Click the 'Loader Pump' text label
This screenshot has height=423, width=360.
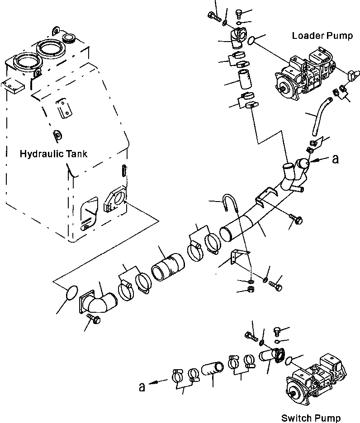(322, 36)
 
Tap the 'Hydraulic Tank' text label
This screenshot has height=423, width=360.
(53, 154)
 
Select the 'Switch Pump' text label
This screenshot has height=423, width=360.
(310, 418)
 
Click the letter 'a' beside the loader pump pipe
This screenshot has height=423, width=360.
(335, 159)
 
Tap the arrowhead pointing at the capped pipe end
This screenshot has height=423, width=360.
(318, 160)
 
